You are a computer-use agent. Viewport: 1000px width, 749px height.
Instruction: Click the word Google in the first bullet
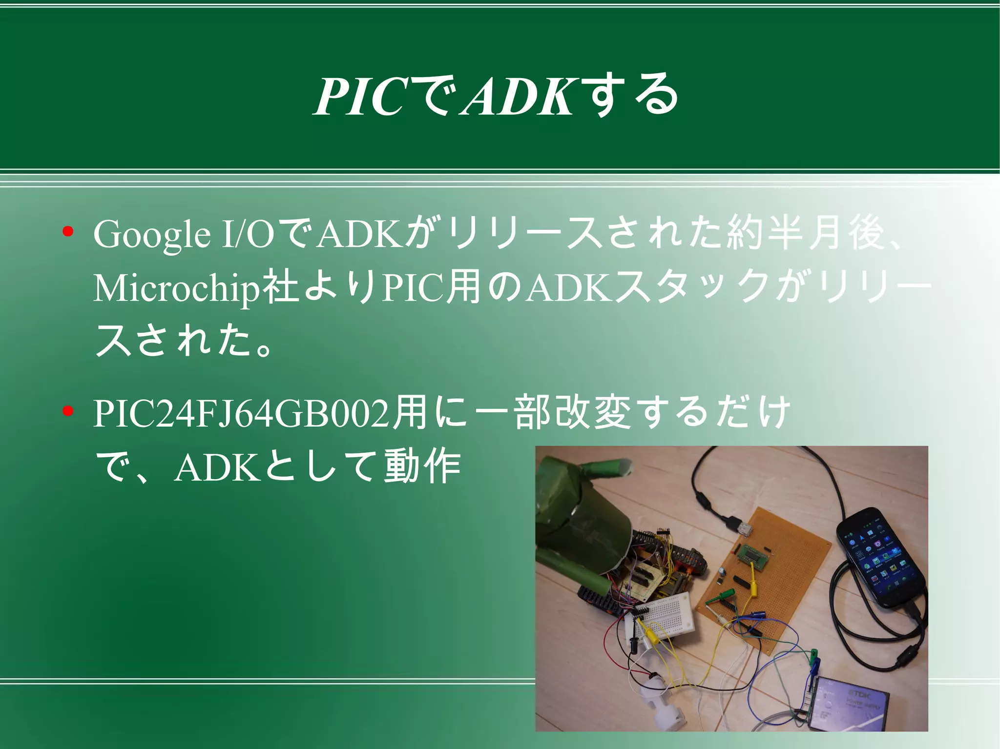(152, 235)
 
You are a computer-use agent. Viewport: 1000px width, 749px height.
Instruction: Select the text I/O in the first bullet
(247, 235)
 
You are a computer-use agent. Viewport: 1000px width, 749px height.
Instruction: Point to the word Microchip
(176, 288)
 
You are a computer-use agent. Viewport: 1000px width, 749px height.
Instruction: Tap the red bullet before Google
(68, 231)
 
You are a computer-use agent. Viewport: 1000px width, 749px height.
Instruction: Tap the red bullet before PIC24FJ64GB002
(68, 412)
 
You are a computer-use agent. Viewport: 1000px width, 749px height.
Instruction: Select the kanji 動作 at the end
(422, 467)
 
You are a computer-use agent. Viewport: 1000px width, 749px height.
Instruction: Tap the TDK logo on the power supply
(860, 693)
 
